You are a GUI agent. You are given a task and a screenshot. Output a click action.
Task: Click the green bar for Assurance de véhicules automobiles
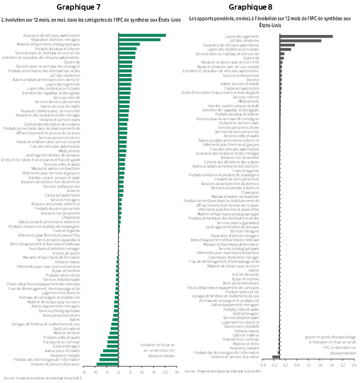[142, 35]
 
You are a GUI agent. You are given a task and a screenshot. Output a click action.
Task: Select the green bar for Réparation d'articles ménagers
[139, 40]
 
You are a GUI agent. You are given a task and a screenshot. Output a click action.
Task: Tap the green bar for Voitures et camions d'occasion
[107, 364]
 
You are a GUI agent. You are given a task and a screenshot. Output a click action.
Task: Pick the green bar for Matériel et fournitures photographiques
[129, 44]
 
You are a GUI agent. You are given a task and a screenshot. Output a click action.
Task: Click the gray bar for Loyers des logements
[306, 36]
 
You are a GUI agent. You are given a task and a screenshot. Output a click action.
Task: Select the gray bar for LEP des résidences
[300, 41]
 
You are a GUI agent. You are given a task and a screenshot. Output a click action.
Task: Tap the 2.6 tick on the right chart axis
[354, 365]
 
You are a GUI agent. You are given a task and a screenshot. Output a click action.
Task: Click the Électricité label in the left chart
[72, 62]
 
